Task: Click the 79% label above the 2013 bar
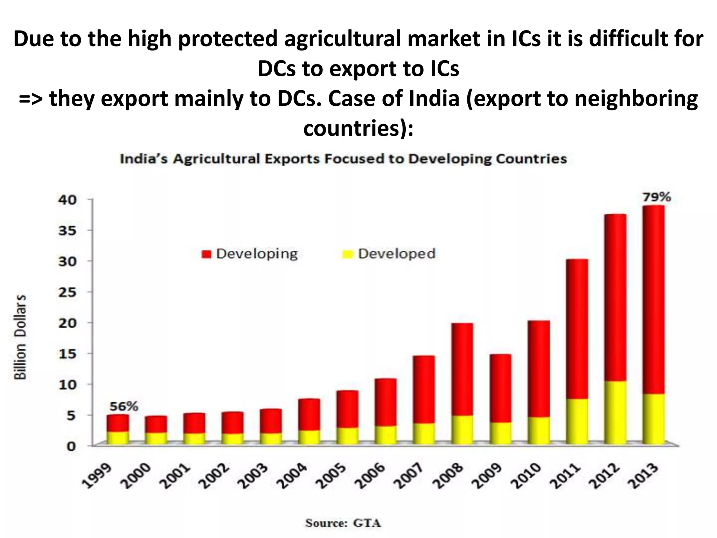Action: coord(656,198)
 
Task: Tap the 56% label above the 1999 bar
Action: coord(124,407)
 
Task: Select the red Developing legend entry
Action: coord(250,254)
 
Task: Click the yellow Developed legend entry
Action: coord(389,254)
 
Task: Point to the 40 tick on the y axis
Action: coord(67,200)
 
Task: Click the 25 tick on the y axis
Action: coord(67,292)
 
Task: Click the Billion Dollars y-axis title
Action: coord(21,337)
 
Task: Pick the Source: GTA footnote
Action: coord(343,523)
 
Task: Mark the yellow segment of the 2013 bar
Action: coord(654,419)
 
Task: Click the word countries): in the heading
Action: coord(358,129)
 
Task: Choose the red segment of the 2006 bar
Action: coord(385,402)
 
